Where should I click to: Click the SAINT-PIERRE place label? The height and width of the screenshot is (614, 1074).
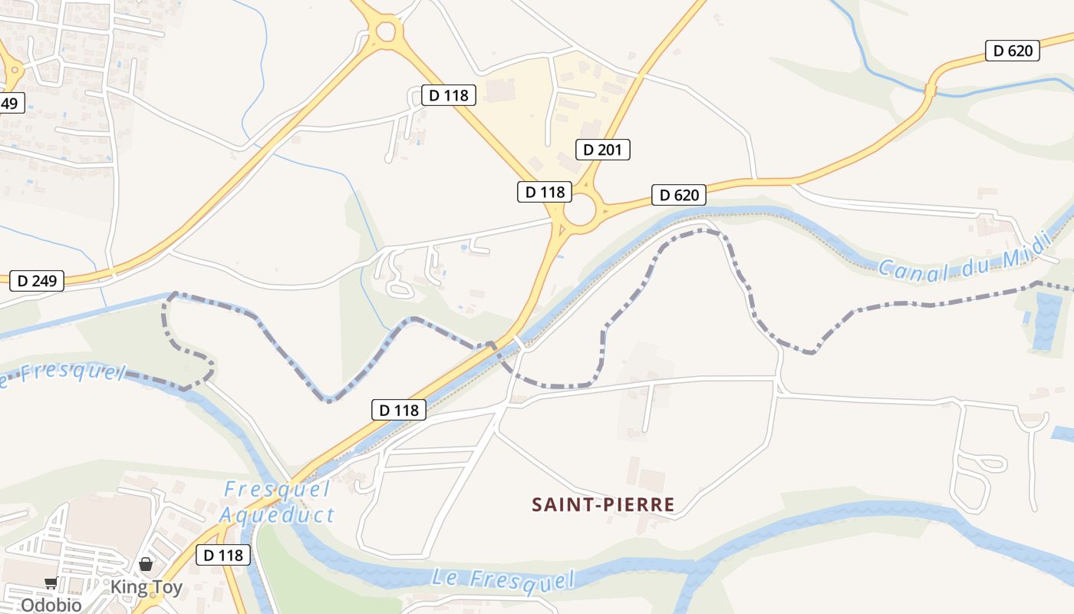[604, 504]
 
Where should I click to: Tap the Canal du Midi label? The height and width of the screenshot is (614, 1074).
[964, 259]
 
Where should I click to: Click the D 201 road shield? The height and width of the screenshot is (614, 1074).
[602, 150]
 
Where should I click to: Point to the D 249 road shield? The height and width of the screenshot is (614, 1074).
[37, 281]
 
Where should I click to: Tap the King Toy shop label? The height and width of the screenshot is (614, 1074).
[147, 588]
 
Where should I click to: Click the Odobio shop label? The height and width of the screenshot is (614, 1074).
[51, 605]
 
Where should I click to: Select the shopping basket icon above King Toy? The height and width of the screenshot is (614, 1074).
[146, 566]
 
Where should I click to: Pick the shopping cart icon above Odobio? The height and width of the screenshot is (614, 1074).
[51, 583]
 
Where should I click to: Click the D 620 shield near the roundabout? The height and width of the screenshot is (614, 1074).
[679, 195]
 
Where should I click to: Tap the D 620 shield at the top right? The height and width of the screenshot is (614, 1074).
[1013, 51]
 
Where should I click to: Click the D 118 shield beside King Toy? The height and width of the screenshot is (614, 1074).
[223, 555]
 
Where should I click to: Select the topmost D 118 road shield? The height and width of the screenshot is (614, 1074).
[449, 95]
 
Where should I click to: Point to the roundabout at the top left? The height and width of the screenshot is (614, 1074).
[386, 31]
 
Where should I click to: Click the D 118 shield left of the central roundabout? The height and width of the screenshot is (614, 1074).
[545, 192]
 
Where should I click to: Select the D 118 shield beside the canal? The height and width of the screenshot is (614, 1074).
[399, 410]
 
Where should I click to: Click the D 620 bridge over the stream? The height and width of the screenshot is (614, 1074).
[931, 90]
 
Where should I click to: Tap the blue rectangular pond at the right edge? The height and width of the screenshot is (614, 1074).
[1046, 321]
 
